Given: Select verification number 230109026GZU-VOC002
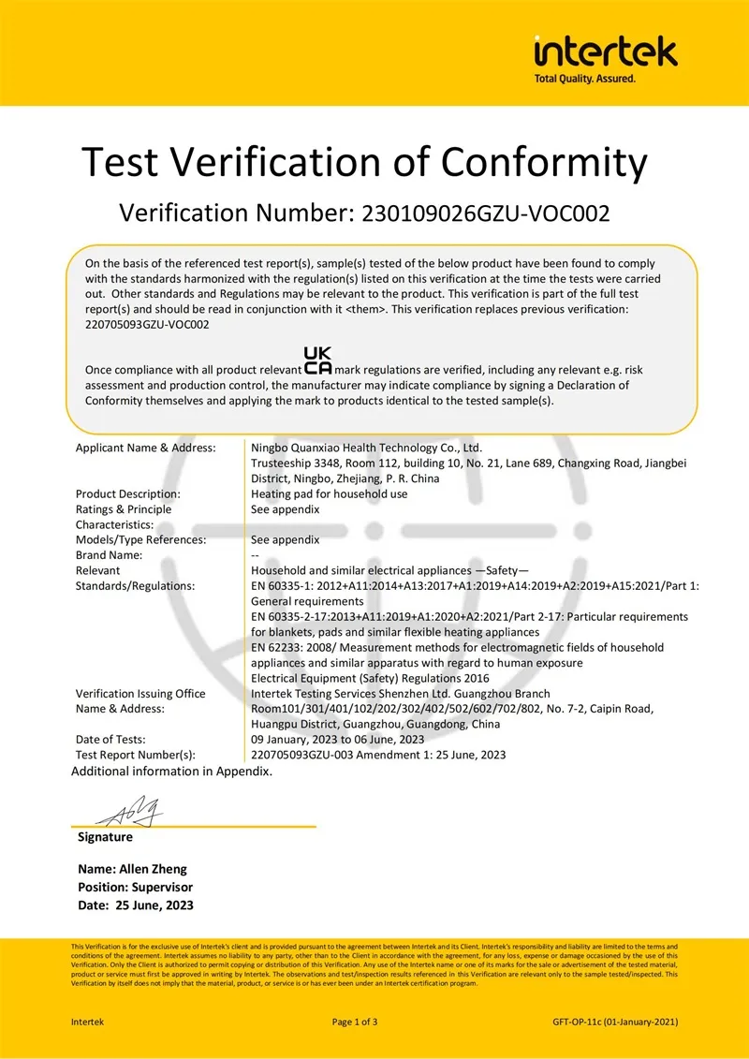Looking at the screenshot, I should pos(480,213).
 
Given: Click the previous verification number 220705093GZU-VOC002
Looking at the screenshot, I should pos(147,324).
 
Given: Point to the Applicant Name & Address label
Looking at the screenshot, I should pos(145,449).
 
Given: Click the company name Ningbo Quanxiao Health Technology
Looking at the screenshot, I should pos(366,449).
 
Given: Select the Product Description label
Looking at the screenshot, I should pos(128,493).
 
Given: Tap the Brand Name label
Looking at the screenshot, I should pos(109,554).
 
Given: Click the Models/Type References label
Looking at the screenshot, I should pos(140,539).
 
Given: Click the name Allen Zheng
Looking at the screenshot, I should pos(155,870).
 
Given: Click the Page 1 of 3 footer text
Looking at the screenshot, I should pos(355,1022).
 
